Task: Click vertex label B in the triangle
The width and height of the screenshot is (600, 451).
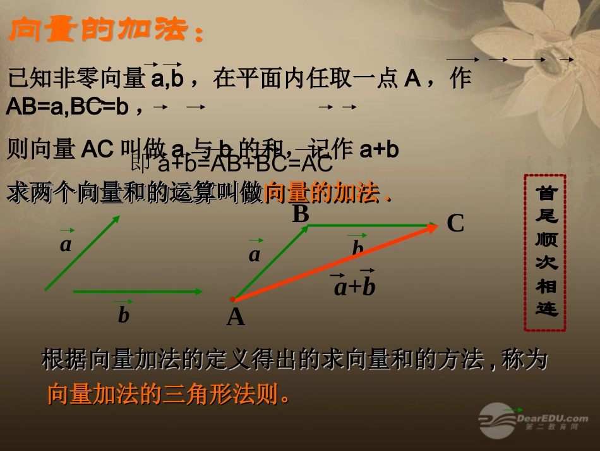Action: [301, 214]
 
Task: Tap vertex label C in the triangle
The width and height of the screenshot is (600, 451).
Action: [455, 223]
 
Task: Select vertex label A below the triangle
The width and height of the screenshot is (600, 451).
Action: [236, 316]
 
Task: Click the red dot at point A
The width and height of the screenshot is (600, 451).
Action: [232, 299]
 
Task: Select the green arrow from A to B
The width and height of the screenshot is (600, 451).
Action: [270, 262]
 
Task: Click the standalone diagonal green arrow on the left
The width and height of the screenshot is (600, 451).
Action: [82, 253]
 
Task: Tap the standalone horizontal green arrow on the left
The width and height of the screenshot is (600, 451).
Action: [138, 292]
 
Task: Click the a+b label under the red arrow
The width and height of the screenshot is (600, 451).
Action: [354, 287]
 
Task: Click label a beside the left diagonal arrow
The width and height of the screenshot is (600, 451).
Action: [66, 244]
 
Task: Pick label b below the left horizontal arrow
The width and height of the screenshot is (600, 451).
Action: [124, 314]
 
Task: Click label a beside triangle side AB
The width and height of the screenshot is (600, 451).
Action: [255, 254]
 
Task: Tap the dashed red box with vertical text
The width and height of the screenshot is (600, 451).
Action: [544, 253]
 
